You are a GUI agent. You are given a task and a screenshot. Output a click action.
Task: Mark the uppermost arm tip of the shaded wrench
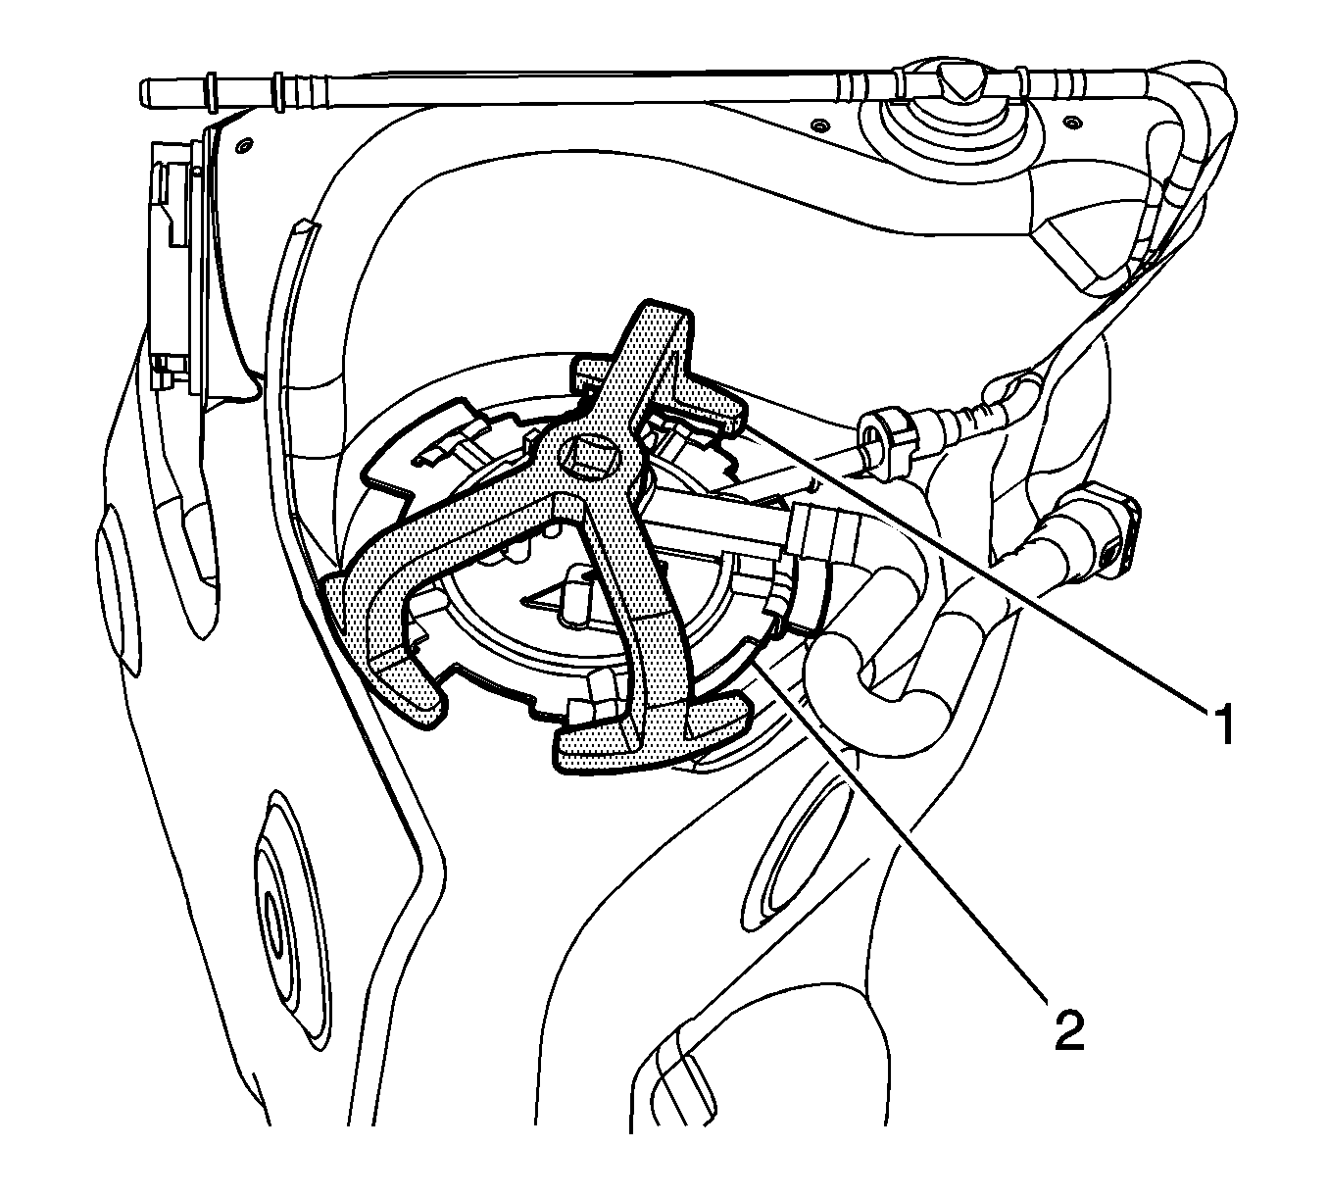(657, 317)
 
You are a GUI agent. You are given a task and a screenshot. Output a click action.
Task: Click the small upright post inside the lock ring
(577, 594)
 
